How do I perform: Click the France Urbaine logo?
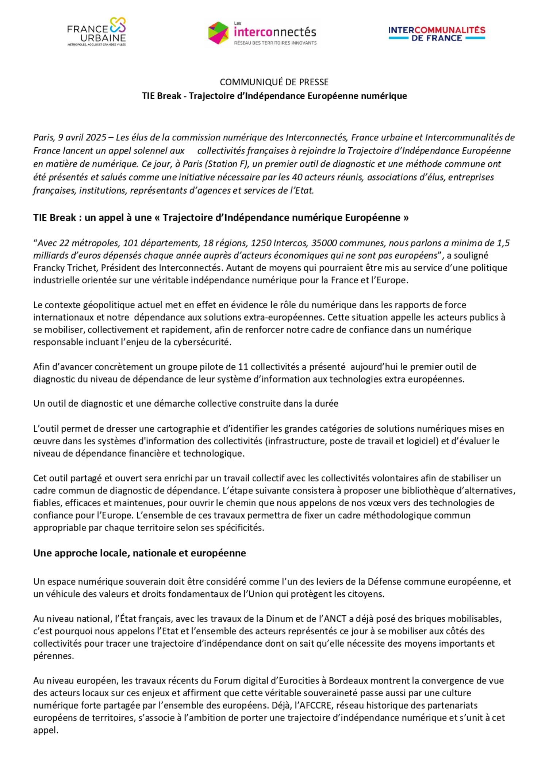96,32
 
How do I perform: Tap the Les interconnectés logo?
262,33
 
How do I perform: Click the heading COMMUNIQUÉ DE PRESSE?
274,82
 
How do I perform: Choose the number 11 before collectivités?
243,367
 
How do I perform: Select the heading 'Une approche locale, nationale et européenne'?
139,553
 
